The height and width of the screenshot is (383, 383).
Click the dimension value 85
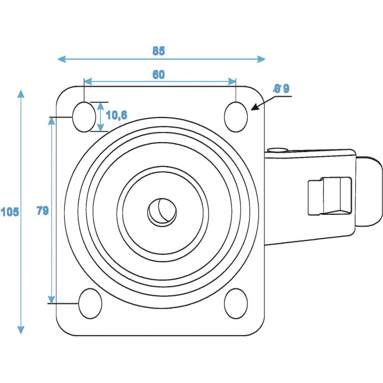click(x=159, y=51)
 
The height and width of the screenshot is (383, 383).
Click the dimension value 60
click(x=159, y=75)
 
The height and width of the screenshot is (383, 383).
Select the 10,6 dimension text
click(x=116, y=114)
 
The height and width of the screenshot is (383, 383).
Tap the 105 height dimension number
click(x=10, y=212)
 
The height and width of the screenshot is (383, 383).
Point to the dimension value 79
click(x=43, y=211)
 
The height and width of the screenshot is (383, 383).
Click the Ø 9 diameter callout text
click(x=281, y=89)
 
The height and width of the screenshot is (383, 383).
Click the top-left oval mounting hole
click(x=82, y=115)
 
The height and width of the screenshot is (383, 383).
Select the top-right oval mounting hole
click(x=236, y=116)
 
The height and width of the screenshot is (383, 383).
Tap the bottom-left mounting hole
click(x=90, y=304)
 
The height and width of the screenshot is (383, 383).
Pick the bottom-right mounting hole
click(x=236, y=304)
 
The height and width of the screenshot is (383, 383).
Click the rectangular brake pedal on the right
click(x=330, y=196)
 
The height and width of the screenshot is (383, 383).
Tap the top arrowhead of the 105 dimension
click(x=21, y=94)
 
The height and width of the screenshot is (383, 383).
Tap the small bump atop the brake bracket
click(x=278, y=151)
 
